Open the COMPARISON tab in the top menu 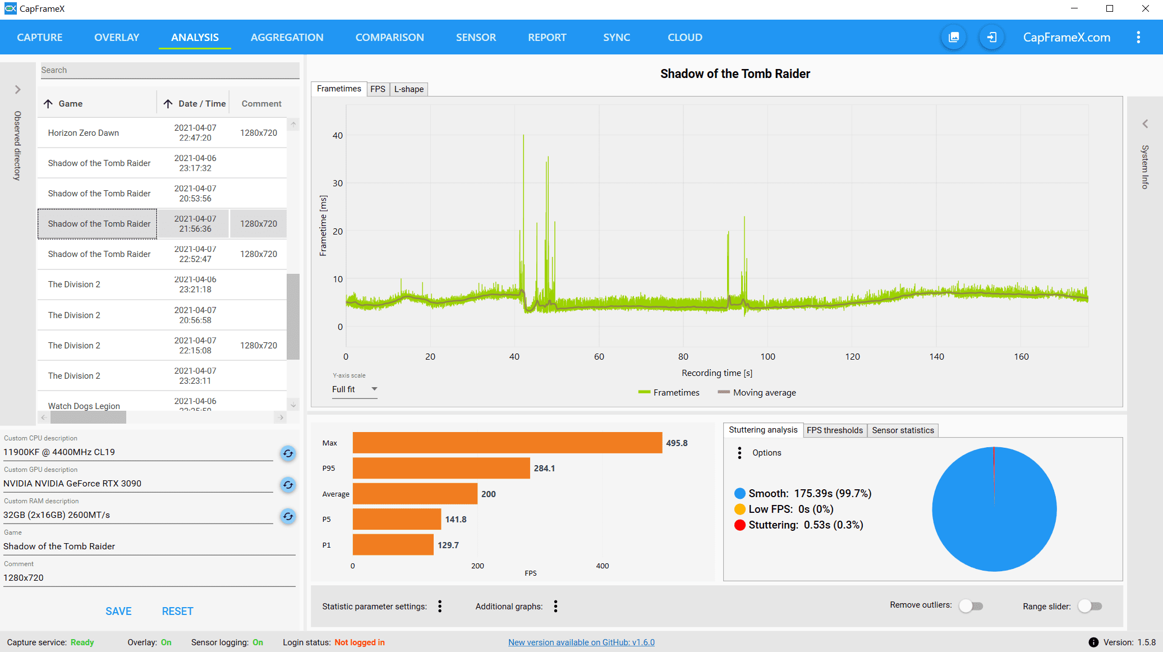389,38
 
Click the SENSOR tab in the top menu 476,38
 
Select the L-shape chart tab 408,89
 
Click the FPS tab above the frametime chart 378,89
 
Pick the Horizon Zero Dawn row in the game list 84,133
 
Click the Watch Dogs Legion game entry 84,406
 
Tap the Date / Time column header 201,104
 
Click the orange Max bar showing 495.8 507,443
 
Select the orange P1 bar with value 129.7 393,545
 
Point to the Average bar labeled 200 415,494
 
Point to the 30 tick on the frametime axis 338,183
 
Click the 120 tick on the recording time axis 852,357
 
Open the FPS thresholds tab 835,430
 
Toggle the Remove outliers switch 971,606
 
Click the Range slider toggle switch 1090,606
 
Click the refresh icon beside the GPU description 288,485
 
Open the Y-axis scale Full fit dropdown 355,389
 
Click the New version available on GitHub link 581,642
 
